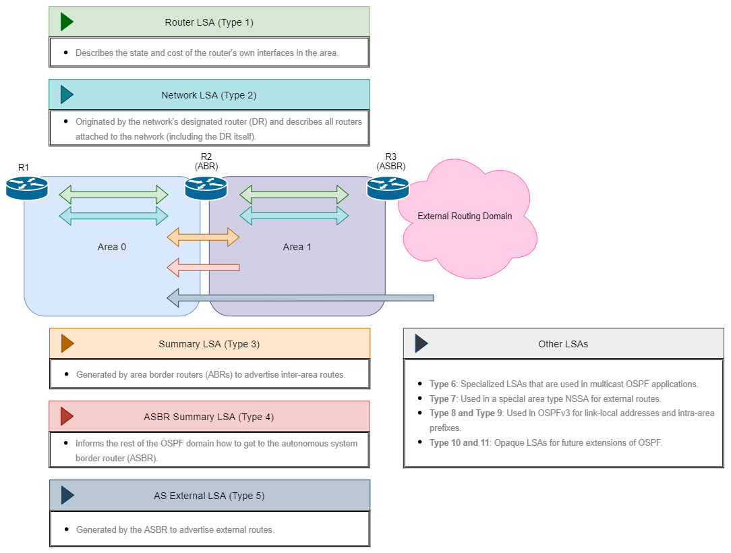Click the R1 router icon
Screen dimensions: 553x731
tap(27, 187)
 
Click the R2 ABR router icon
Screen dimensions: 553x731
tap(206, 187)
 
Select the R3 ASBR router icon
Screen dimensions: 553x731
tap(388, 187)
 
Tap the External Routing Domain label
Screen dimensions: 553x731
tap(465, 216)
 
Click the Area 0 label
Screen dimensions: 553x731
tap(112, 247)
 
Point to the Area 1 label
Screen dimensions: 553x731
tap(297, 247)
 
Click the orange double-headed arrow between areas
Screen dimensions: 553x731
tap(203, 237)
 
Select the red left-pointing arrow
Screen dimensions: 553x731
tap(203, 268)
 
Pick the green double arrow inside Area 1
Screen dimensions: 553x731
tap(294, 195)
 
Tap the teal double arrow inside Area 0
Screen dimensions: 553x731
tap(113, 216)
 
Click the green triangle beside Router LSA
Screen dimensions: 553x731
tap(66, 22)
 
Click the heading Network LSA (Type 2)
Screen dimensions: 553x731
tap(208, 95)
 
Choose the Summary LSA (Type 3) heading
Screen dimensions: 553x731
tap(209, 344)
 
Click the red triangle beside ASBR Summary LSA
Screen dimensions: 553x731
tap(66, 416)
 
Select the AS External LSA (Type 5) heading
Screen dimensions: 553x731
tap(209, 496)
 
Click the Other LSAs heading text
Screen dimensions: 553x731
tap(563, 344)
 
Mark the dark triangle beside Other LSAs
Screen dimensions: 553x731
tap(421, 343)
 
